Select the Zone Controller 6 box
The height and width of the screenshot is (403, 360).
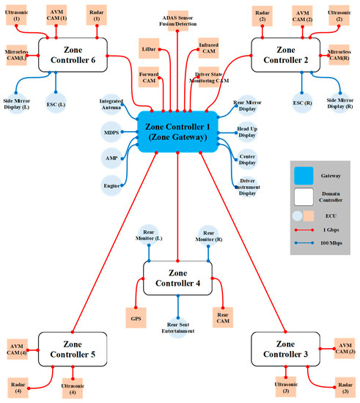click(x=73, y=54)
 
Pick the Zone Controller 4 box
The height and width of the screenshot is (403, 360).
click(x=178, y=278)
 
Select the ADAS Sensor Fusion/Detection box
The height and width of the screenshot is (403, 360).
click(x=178, y=18)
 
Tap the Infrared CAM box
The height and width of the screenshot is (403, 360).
click(x=208, y=51)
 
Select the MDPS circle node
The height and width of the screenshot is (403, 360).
click(x=112, y=133)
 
